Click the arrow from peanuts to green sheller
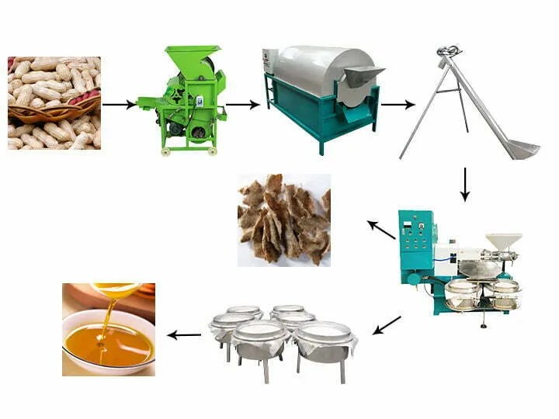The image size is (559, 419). pos(119,104)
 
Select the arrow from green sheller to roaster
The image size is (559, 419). pos(242,104)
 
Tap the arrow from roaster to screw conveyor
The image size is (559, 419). pos(398,104)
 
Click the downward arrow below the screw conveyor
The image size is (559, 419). pos(464,184)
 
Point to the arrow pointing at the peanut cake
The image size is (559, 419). pos(381,230)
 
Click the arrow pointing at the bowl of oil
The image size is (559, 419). pos(185,335)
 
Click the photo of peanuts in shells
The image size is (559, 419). pos(54,102)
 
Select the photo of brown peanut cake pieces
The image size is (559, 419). pos(283,220)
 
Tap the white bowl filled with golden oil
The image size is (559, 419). pos(108,342)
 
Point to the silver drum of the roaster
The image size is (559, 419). pos(318,70)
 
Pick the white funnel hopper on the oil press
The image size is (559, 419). pos(503,241)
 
